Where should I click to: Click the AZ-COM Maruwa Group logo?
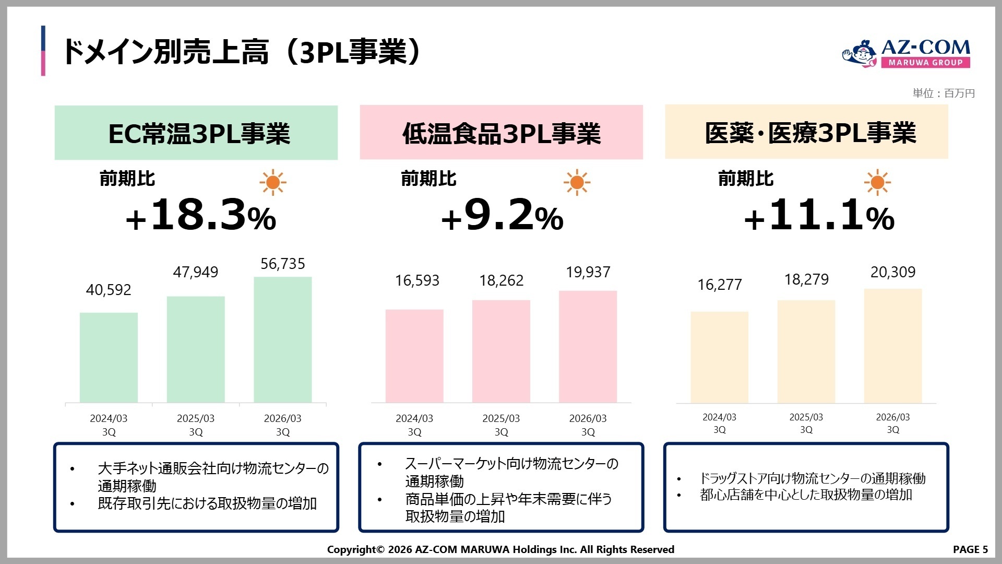click(x=906, y=53)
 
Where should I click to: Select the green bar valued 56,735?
click(x=282, y=339)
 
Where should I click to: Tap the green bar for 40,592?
click(x=109, y=357)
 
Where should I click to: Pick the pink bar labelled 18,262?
click(x=501, y=351)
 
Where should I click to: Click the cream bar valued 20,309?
click(x=892, y=345)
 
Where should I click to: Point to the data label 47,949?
click(x=196, y=272)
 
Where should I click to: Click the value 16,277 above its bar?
click(x=719, y=285)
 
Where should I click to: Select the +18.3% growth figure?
click(x=201, y=215)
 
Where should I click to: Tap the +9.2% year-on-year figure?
click(x=502, y=215)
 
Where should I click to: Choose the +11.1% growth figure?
click(x=819, y=215)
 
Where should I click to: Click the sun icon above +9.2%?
click(x=577, y=182)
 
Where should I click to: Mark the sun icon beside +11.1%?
click(x=877, y=182)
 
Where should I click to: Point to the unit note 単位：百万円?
click(x=944, y=93)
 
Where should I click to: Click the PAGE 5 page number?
click(x=970, y=549)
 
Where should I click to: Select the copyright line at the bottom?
click(x=500, y=549)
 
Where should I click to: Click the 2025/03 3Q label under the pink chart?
click(x=501, y=425)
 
